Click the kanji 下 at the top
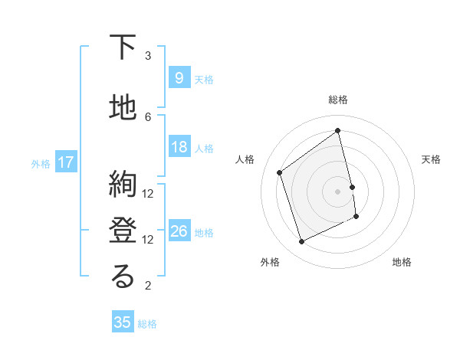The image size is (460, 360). tap(123, 48)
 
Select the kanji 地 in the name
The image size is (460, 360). tap(123, 108)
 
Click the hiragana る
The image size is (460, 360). tap(123, 277)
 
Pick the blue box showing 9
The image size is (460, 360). tap(179, 78)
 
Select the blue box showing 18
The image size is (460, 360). tap(179, 147)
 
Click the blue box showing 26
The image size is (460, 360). tap(179, 231)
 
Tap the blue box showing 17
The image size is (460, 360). tap(65, 162)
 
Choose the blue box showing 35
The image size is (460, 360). tap(123, 322)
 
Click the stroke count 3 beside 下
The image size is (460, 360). tap(148, 56)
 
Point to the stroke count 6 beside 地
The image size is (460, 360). tap(148, 116)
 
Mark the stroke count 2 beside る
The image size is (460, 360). tap(148, 286)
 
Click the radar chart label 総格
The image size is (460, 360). tap(337, 100)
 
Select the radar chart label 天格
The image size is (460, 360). tap(431, 159)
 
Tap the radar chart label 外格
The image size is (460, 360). tap(270, 262)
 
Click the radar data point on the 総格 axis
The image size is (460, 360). tap(337, 130)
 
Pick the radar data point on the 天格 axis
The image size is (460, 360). tap(352, 186)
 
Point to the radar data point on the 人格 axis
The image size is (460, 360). tap(280, 172)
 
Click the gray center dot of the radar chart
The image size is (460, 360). tap(337, 191)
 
